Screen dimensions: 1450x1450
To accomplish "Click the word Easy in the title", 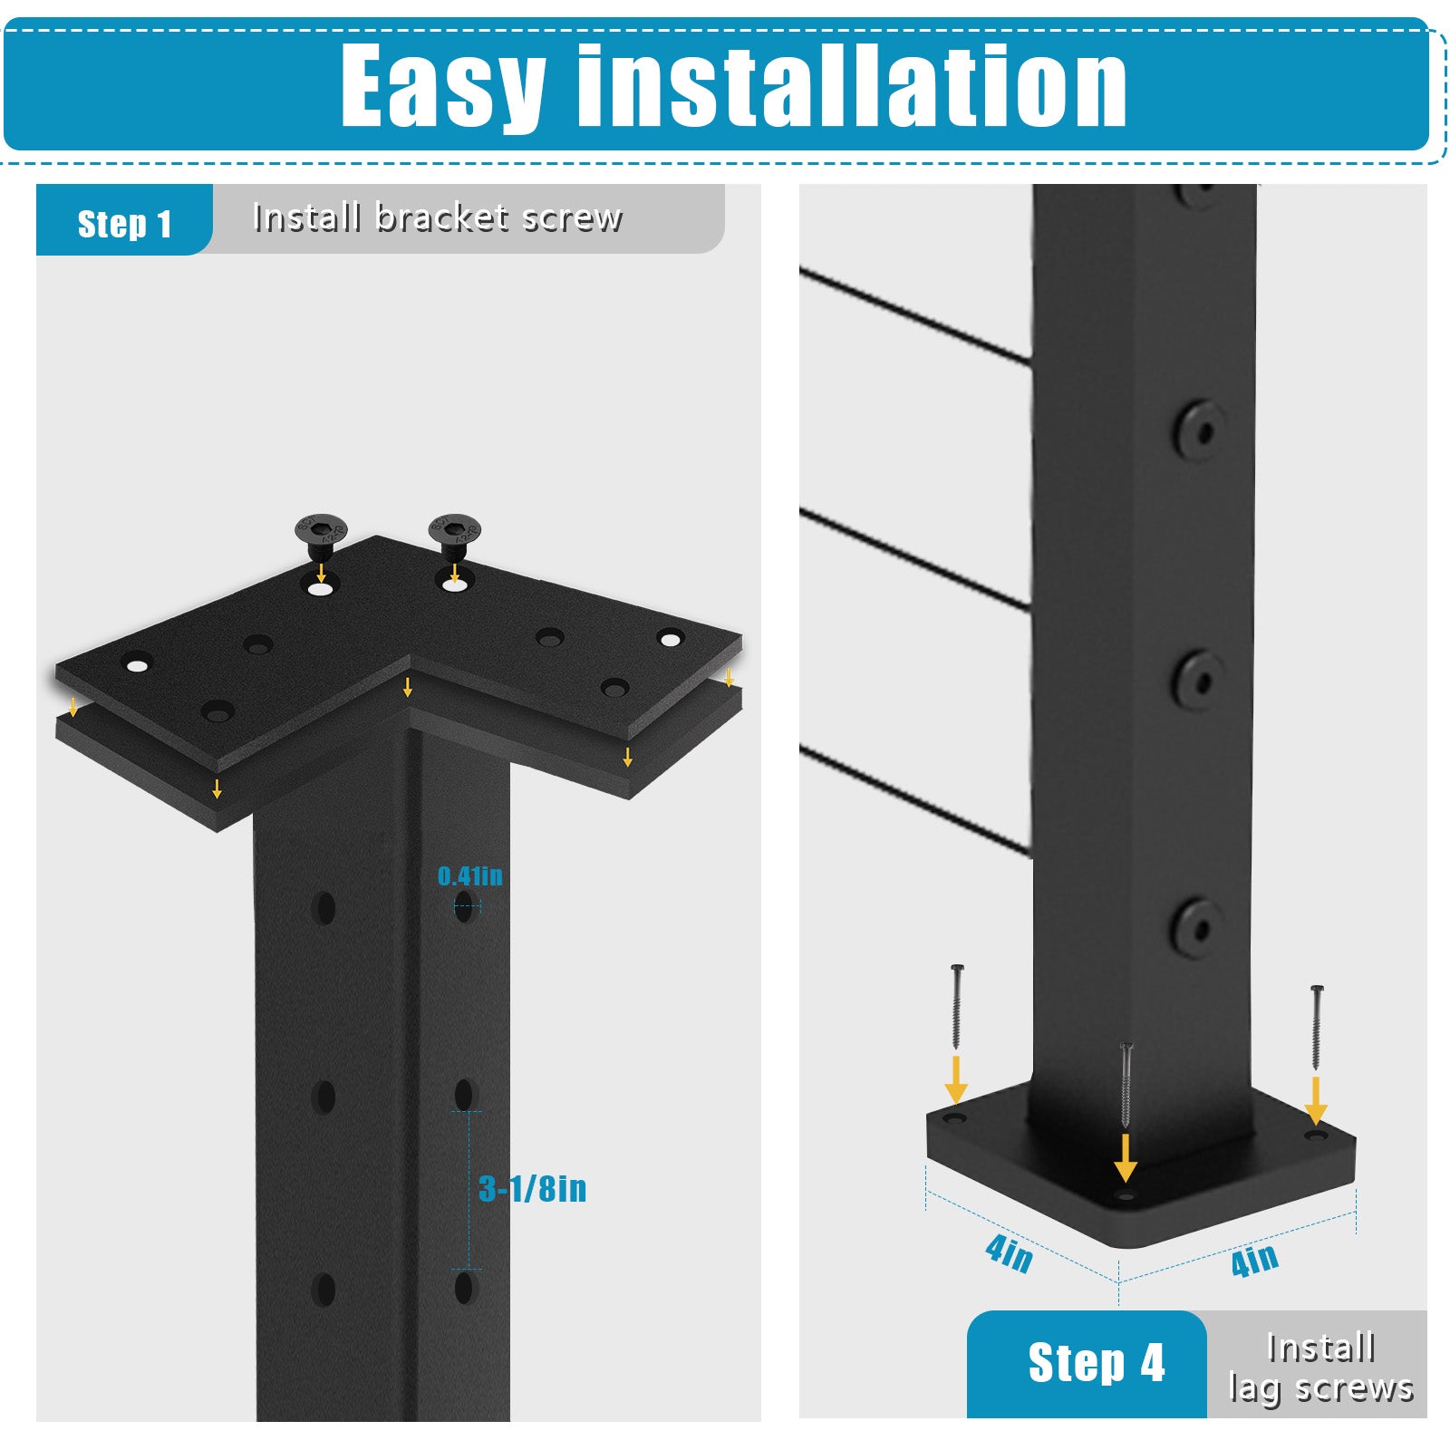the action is tap(442, 88).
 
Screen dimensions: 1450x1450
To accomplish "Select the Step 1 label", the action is tap(124, 224).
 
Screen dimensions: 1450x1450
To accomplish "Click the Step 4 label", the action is tap(1096, 1363).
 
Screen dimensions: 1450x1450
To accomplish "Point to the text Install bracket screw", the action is tap(438, 217).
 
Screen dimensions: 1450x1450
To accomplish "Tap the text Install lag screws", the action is tap(1320, 1368).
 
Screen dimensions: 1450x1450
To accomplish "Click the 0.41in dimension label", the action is tap(469, 876).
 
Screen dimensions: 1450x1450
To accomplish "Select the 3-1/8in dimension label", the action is tap(532, 1189).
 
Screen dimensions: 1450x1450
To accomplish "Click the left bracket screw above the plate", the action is tap(321, 537).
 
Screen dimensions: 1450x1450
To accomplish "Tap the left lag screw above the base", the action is tap(957, 1008).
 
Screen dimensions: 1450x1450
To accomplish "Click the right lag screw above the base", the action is tap(1317, 1028).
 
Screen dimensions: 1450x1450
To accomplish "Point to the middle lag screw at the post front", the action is tap(1126, 1086).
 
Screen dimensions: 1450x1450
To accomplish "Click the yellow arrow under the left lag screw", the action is tap(956, 1079).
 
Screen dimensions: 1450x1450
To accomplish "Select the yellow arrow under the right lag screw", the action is tap(1316, 1101).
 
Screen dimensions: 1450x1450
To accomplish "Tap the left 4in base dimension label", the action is tap(1009, 1254).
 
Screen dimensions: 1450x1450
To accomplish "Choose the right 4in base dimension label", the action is tap(1254, 1260).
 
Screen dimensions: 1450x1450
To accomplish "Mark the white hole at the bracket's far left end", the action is tap(137, 666).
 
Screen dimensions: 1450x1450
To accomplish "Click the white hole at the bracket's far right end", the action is tap(670, 640).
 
